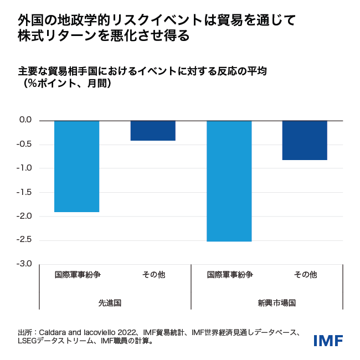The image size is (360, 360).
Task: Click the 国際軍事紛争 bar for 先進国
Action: pyautogui.click(x=76, y=166)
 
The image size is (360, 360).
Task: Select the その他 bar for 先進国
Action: pyautogui.click(x=153, y=131)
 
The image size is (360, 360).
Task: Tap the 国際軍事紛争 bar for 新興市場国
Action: pyautogui.click(x=229, y=181)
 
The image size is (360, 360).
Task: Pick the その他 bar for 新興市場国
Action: pyautogui.click(x=305, y=140)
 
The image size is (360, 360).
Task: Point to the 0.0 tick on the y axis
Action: pyautogui.click(x=25, y=120)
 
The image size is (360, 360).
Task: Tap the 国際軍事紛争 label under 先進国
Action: pyautogui.click(x=77, y=274)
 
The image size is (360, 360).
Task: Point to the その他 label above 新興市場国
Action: pyautogui.click(x=305, y=274)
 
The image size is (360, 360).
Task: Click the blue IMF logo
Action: pyautogui.click(x=328, y=340)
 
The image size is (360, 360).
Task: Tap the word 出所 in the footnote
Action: pyautogui.click(x=25, y=332)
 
